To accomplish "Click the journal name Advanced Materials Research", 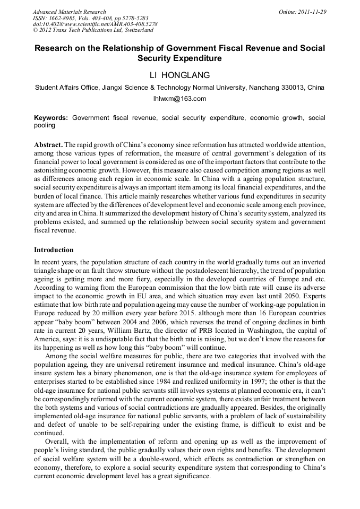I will click(x=70, y=12).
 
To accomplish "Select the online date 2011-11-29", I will click(x=312, y=12).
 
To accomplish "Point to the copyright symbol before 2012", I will click(x=35, y=31).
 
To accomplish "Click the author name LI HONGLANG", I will click(x=180, y=75).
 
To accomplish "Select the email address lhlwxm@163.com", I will click(x=179, y=99).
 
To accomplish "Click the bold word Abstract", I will click(x=48, y=145).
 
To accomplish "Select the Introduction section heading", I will click(x=54, y=250).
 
